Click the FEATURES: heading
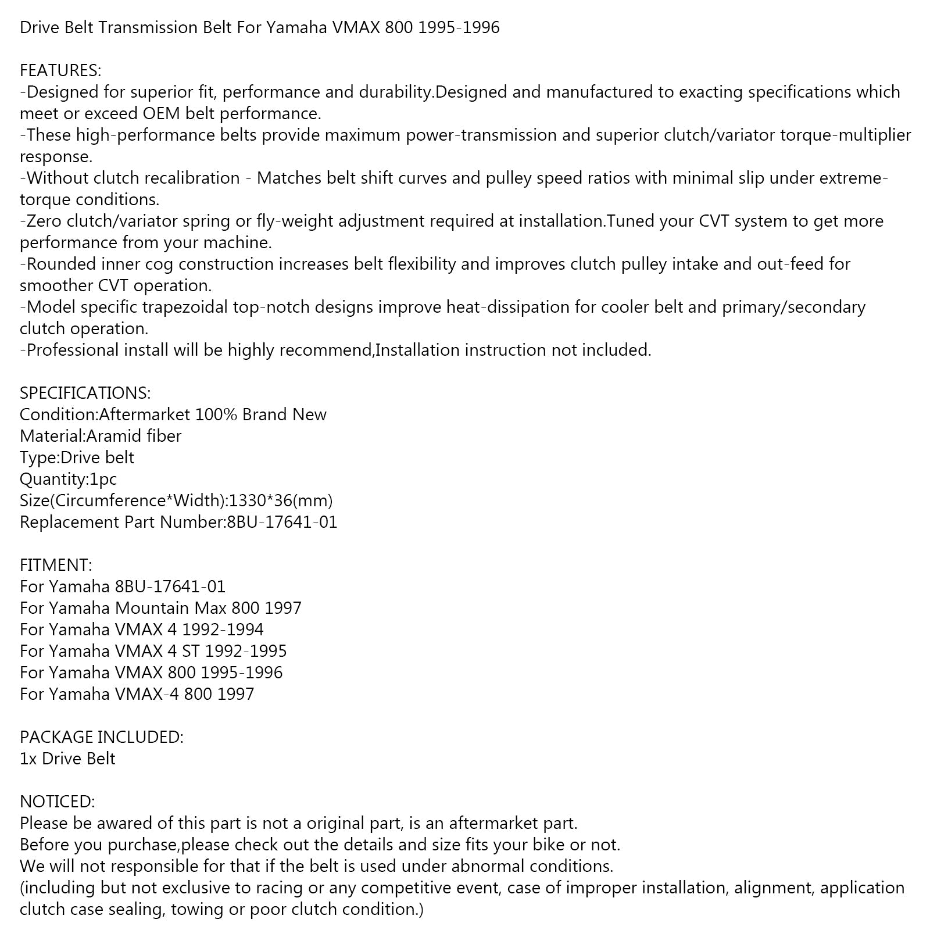(60, 70)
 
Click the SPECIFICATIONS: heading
(85, 393)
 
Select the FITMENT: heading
(56, 565)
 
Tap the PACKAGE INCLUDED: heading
(101, 737)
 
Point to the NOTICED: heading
(57, 802)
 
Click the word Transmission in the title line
(148, 27)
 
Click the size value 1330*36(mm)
(281, 500)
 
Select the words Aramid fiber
(134, 436)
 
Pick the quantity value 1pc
(102, 479)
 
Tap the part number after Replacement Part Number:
(282, 522)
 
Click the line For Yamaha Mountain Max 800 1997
(160, 608)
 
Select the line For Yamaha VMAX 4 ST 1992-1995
(153, 651)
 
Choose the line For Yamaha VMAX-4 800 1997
(137, 694)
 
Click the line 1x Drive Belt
(67, 759)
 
